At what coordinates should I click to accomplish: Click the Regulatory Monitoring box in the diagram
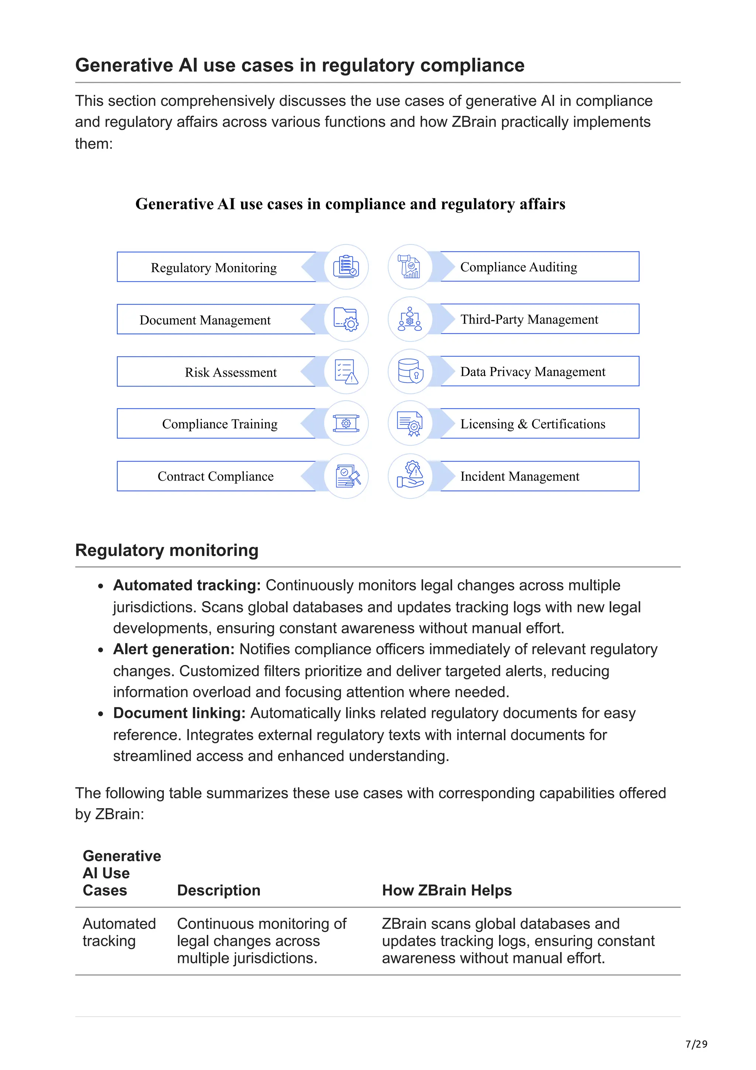(214, 267)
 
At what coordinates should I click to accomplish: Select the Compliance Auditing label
(518, 267)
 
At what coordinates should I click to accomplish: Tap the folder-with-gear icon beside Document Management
(346, 319)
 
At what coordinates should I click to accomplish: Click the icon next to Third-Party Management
(410, 319)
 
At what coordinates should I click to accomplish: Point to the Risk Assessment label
(231, 372)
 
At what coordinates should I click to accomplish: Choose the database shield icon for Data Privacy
(410, 371)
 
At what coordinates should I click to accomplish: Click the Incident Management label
(519, 476)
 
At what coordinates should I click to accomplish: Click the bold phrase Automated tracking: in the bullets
(187, 585)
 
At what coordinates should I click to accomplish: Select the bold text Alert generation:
(174, 649)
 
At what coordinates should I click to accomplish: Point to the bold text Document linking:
(179, 713)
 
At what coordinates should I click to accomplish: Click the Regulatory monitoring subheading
(167, 551)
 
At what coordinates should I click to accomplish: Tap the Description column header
(219, 890)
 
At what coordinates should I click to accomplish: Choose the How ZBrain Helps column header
(446, 890)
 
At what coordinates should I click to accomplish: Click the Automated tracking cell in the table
(119, 932)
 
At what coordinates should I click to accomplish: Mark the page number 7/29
(696, 1044)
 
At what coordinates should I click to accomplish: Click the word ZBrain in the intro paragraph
(474, 122)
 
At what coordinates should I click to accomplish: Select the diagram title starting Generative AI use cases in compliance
(350, 204)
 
